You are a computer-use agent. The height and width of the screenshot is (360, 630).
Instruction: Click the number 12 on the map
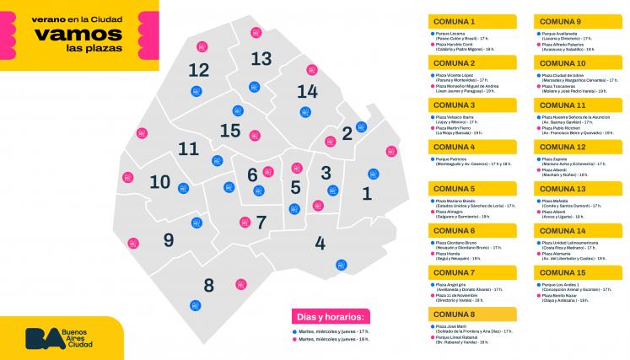point(199,70)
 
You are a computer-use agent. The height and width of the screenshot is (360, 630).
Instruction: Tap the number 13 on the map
point(261,58)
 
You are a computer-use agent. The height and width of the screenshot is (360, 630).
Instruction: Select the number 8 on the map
point(209,284)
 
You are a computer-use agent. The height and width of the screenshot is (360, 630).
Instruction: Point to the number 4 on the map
point(320,244)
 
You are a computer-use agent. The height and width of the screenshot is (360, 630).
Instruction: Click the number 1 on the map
point(366,193)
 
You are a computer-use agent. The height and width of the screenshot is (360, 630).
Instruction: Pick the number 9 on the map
point(169,240)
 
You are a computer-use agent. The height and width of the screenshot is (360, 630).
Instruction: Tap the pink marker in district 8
point(240,283)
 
